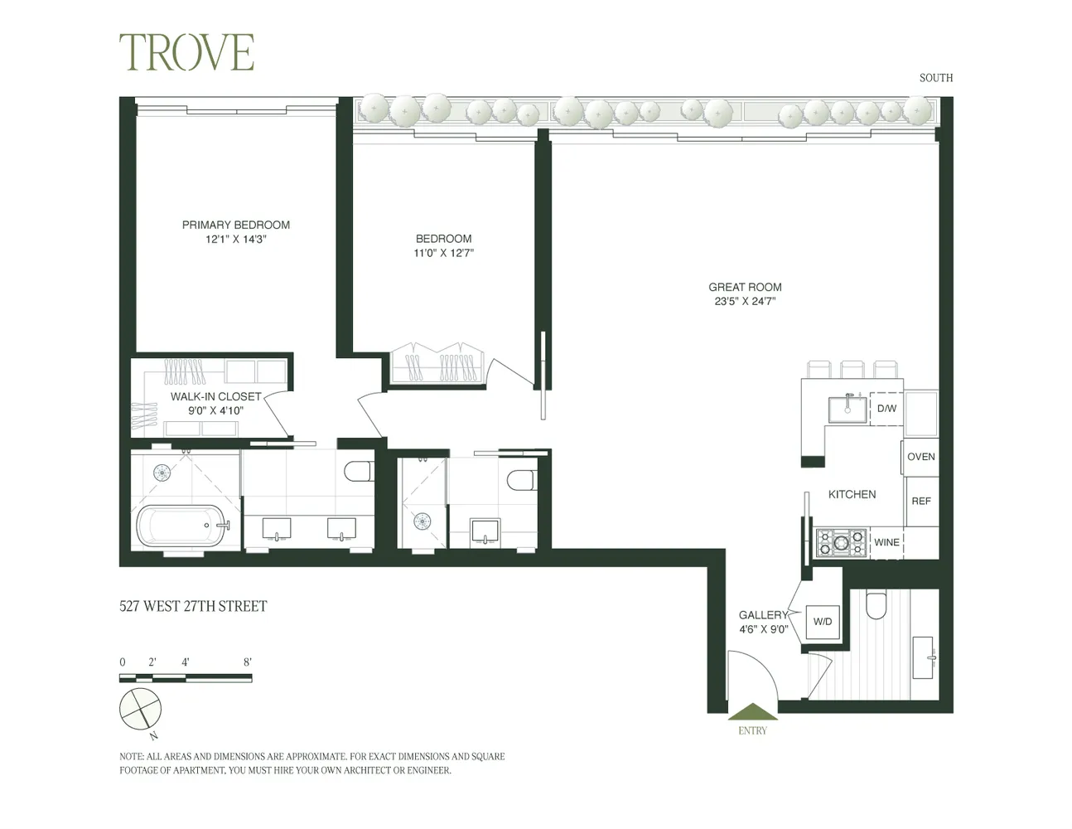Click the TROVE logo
pos(186,52)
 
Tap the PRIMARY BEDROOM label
pos(236,225)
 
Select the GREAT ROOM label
pos(745,287)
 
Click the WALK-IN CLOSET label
pos(215,396)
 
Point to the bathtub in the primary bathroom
pos(180,526)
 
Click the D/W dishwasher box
pos(886,409)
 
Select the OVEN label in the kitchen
pos(920,457)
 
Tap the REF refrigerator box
pos(920,501)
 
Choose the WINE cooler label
pos(886,542)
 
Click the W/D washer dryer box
pos(823,622)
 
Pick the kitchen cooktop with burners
pos(841,543)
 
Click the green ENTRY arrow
pos(752,712)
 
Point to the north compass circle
pos(140,709)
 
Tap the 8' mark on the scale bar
pos(248,662)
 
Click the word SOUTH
pos(935,78)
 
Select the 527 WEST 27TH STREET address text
pos(193,606)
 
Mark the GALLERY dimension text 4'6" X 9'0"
pos(763,629)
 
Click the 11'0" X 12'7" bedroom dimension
pos(443,253)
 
